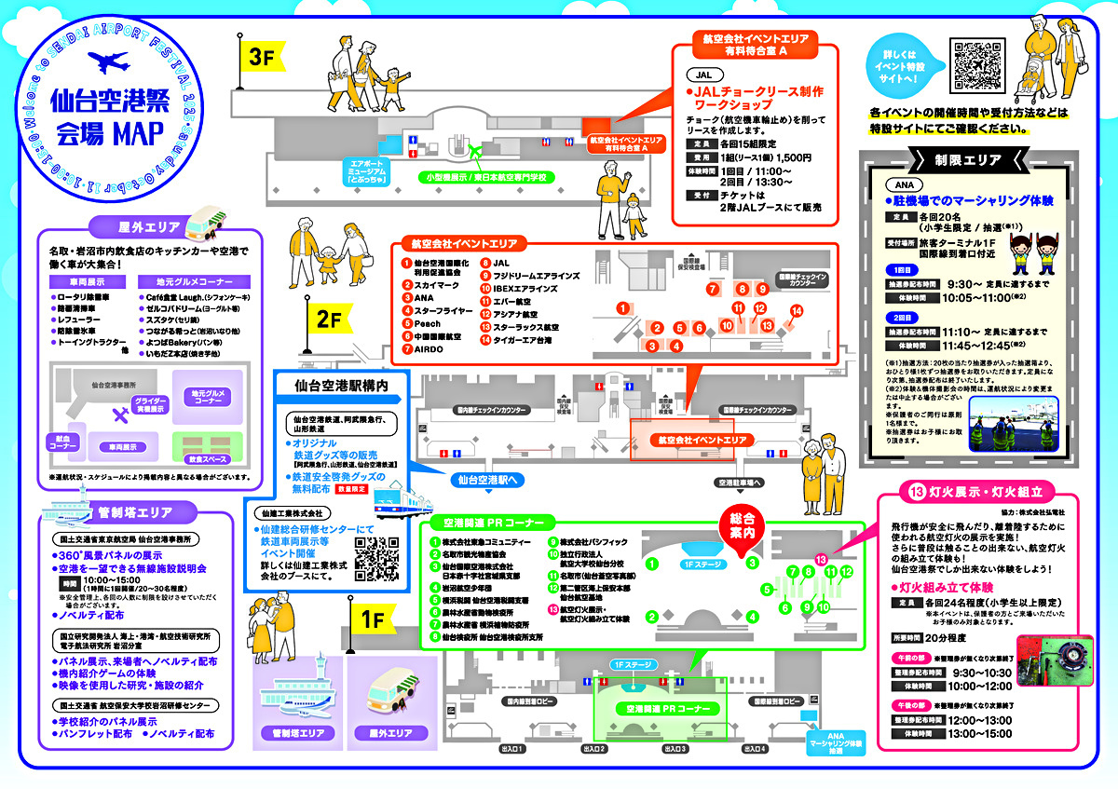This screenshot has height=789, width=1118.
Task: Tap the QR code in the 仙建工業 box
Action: pos(377,557)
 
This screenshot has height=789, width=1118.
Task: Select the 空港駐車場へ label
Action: pos(740,482)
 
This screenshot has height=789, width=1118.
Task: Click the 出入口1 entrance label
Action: pos(513,748)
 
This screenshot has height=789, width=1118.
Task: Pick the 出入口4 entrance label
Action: pos(754,748)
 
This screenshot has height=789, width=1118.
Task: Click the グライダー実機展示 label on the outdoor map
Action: pos(154,403)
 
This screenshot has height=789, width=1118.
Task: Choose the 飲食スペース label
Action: pos(205,459)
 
